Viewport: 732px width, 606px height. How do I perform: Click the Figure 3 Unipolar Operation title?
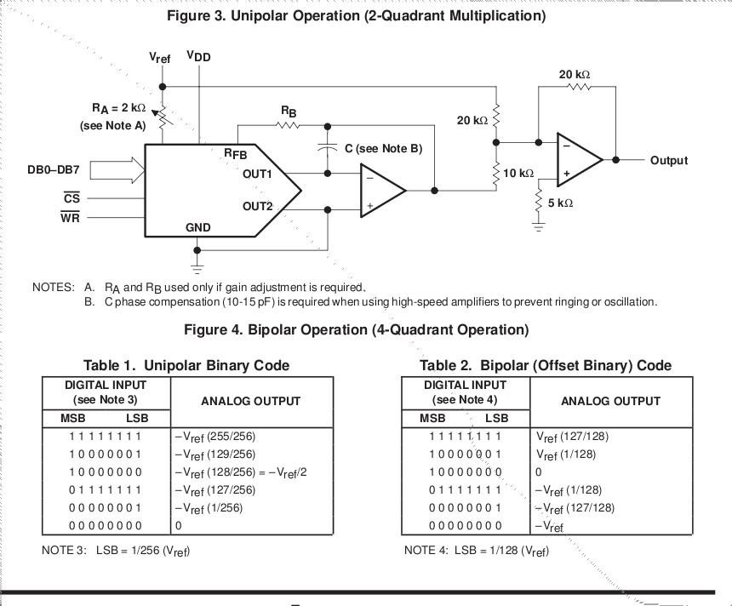pos(356,15)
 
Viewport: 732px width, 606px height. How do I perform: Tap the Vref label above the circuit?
pos(159,58)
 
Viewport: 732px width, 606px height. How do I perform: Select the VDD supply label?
pos(199,57)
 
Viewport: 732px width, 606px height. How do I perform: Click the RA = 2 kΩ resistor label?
pos(119,108)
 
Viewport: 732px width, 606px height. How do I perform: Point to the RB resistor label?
pos(289,111)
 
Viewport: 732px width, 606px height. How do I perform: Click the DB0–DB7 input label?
pos(53,169)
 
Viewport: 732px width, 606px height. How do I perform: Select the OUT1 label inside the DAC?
pos(257,174)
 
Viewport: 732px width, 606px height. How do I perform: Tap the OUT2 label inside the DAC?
pos(257,206)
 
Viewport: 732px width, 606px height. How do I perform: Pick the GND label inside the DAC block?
pos(197,227)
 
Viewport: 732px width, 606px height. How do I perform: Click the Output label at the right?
pos(668,160)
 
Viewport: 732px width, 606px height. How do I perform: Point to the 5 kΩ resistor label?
pos(559,203)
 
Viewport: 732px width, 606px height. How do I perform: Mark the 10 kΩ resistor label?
pos(518,173)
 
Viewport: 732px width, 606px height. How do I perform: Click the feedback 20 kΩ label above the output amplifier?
pos(575,75)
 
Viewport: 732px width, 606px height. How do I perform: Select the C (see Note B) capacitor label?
pos(383,149)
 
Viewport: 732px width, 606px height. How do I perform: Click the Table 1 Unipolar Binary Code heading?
pos(186,365)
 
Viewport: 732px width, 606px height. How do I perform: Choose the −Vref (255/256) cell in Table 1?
pos(214,437)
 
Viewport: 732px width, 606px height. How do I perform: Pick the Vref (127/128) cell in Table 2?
pos(572,437)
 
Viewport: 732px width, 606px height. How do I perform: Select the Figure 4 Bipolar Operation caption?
pos(356,329)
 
